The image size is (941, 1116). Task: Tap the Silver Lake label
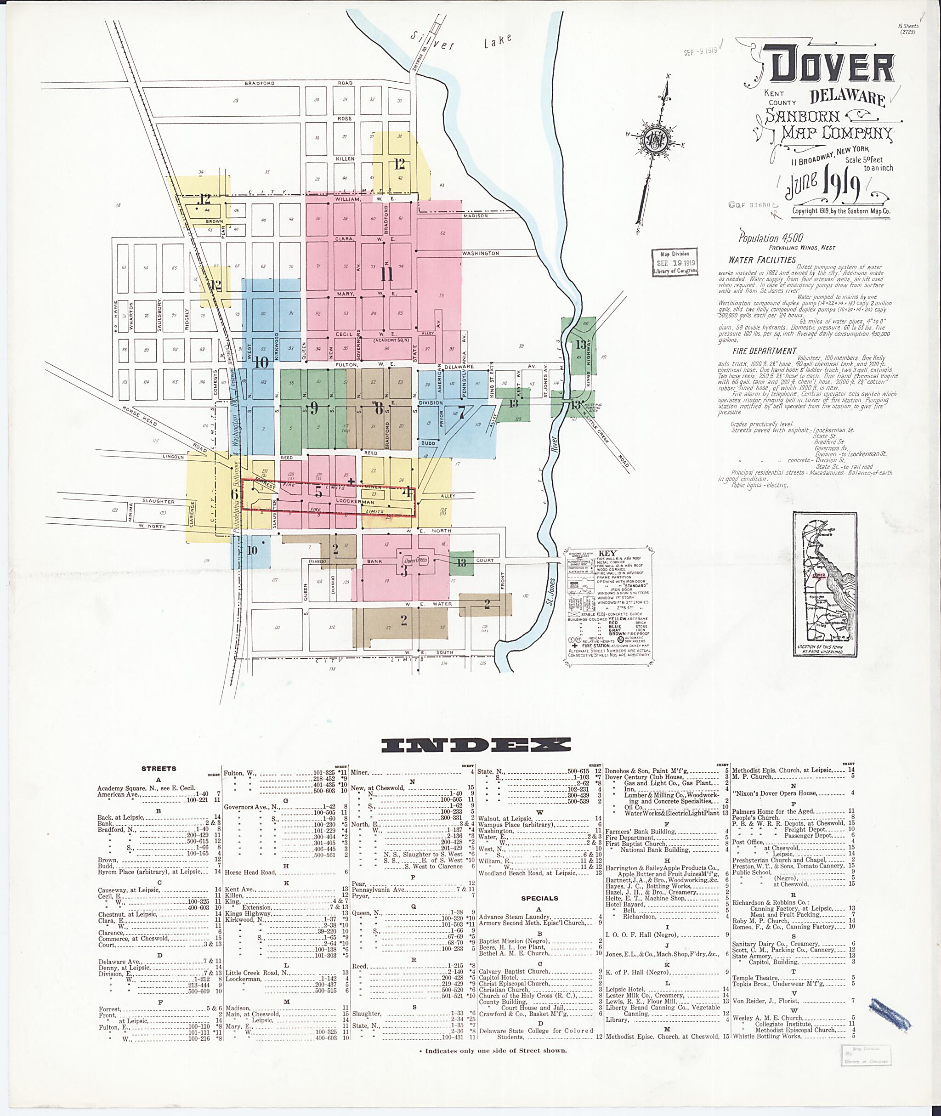click(x=462, y=41)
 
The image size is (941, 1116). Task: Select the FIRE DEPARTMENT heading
click(x=765, y=351)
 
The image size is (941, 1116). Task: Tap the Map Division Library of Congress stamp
click(x=675, y=262)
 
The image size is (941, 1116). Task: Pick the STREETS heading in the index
click(x=159, y=769)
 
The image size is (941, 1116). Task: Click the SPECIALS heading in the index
click(x=539, y=898)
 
